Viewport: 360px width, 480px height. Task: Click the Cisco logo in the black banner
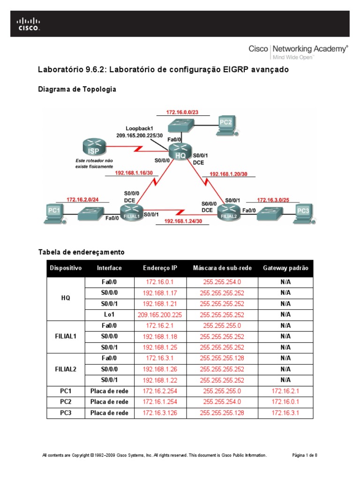point(29,24)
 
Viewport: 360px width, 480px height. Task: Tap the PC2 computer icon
point(226,124)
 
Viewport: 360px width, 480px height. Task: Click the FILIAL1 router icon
point(132,213)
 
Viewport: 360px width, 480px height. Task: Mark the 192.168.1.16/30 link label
point(134,172)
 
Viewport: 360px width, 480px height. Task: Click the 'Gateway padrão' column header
point(285,268)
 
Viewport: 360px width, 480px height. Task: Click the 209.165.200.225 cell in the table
point(160,315)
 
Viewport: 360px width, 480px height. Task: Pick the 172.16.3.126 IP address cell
point(160,413)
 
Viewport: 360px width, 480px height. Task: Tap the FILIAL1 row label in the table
point(65,336)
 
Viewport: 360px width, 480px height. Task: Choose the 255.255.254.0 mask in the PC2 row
point(222,402)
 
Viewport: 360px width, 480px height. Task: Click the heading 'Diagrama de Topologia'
point(77,89)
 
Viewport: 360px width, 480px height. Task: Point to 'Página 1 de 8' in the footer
point(305,455)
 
